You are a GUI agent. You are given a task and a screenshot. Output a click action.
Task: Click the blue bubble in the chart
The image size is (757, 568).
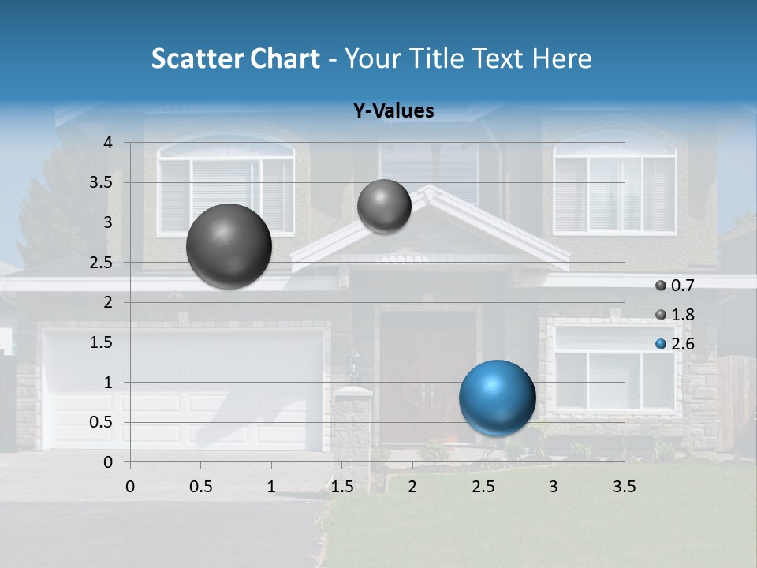tap(497, 398)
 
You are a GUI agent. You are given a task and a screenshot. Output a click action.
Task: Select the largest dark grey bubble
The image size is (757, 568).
tap(229, 246)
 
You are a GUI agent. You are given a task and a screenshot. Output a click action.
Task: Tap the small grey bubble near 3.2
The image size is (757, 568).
tap(384, 206)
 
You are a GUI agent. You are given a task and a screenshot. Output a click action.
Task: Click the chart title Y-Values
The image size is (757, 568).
tap(393, 111)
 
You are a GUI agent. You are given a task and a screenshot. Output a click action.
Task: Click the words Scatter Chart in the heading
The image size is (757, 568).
tap(235, 58)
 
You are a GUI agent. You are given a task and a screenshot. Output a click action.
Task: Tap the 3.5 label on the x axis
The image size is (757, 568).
tap(624, 486)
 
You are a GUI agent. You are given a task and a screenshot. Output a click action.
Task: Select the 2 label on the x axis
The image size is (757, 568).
tap(412, 486)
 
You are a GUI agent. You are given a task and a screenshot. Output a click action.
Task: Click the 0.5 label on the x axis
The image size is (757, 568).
tap(200, 486)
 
